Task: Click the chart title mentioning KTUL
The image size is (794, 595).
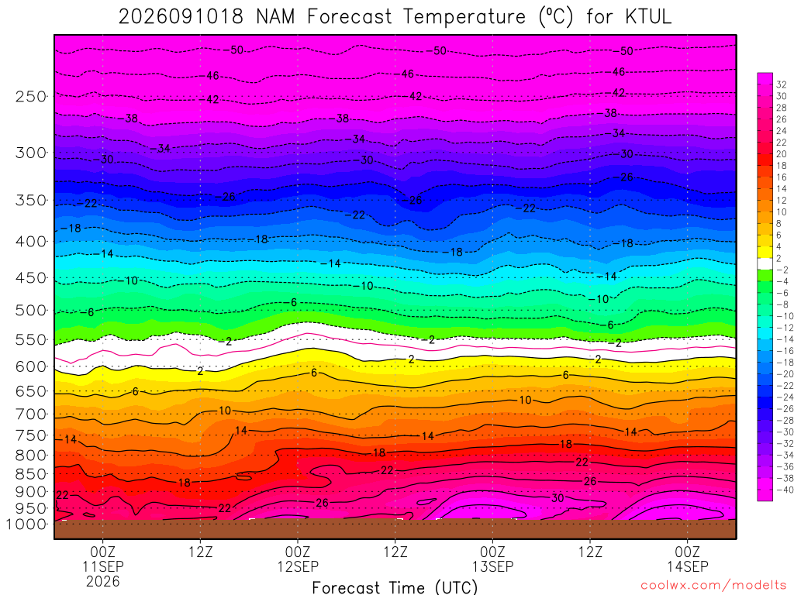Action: click(x=395, y=17)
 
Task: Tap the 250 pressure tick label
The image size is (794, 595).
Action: click(x=31, y=96)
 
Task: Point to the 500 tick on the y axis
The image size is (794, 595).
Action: click(x=31, y=310)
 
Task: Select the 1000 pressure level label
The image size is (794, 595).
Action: click(x=26, y=524)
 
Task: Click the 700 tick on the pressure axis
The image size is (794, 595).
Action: click(x=31, y=414)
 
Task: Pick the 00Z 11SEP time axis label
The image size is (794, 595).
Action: click(x=103, y=559)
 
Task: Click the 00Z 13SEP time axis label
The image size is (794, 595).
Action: click(x=492, y=559)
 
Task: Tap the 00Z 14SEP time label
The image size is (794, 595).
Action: click(x=687, y=559)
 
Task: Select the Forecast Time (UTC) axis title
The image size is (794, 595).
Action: click(x=395, y=587)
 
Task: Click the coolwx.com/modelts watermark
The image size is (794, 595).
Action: click(x=713, y=586)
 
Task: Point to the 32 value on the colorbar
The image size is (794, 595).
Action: click(x=782, y=84)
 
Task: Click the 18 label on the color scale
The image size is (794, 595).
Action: click(x=782, y=166)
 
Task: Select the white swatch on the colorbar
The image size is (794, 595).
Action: click(x=765, y=263)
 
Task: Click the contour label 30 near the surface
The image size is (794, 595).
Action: click(x=558, y=498)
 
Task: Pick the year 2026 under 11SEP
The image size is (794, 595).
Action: click(x=103, y=581)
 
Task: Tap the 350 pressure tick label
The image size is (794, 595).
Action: click(x=31, y=200)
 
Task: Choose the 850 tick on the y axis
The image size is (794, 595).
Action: click(x=31, y=474)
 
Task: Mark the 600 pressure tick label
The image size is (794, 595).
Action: click(x=31, y=366)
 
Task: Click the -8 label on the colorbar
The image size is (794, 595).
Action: click(x=783, y=304)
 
